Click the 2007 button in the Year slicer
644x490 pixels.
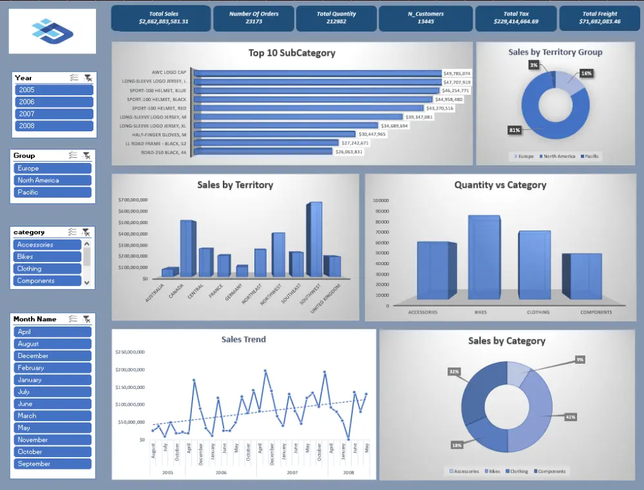(54, 114)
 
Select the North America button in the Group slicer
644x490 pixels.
(54, 180)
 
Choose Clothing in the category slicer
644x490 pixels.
(48, 269)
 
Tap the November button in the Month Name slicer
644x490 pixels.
(52, 440)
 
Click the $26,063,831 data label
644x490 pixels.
(348, 152)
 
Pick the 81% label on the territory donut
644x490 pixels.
(515, 130)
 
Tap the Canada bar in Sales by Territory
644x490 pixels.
(187, 249)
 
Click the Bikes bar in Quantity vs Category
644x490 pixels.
(484, 258)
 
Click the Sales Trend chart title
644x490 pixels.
(243, 339)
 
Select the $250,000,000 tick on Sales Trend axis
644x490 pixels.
(131, 352)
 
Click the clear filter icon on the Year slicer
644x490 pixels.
(88, 78)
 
